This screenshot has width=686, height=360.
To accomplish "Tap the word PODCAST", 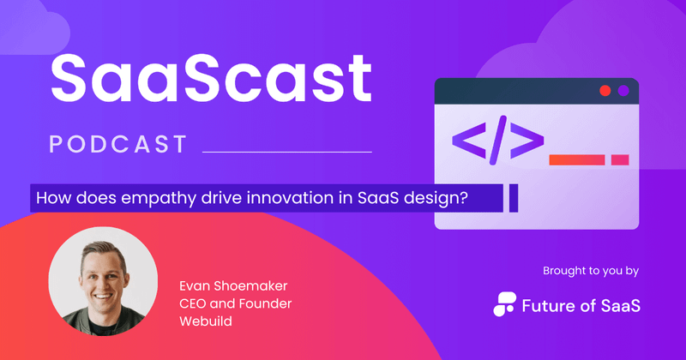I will click(x=117, y=144).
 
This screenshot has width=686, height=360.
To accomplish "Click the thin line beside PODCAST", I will click(x=286, y=152).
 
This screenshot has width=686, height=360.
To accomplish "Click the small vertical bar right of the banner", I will click(x=514, y=198).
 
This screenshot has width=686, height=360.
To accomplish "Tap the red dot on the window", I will click(x=605, y=91).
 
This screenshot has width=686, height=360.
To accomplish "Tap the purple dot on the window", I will click(x=623, y=91).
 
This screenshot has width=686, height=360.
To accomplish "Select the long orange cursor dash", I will click(x=576, y=159).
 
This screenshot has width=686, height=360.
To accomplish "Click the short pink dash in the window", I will click(x=620, y=159).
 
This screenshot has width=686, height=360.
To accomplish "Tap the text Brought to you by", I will click(x=591, y=272).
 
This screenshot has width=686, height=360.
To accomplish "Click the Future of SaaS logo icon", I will click(x=505, y=303).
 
